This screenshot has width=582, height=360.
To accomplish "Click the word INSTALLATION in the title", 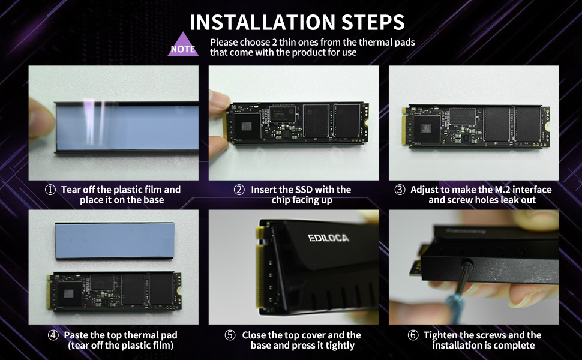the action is [x=262, y=23].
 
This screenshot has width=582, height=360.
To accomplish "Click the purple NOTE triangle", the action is [x=183, y=44].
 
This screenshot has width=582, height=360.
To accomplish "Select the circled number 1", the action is [x=50, y=190].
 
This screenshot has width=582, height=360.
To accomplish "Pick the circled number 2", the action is [x=239, y=190].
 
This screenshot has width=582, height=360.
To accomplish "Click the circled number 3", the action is [x=400, y=190].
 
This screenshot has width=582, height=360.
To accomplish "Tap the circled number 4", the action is [x=53, y=335].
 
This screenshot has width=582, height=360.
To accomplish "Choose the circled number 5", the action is [x=230, y=335].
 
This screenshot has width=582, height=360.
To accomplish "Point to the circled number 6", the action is [x=413, y=335].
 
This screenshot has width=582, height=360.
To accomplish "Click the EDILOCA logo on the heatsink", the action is [x=328, y=238].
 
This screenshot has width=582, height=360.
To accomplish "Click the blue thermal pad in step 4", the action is [x=115, y=240].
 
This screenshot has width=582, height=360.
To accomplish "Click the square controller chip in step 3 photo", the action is [x=426, y=128].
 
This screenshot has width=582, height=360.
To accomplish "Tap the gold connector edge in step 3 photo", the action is [x=404, y=126].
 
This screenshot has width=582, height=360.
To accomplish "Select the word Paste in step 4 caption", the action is [x=76, y=335].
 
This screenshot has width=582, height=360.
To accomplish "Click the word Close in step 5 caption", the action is [x=254, y=335].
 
